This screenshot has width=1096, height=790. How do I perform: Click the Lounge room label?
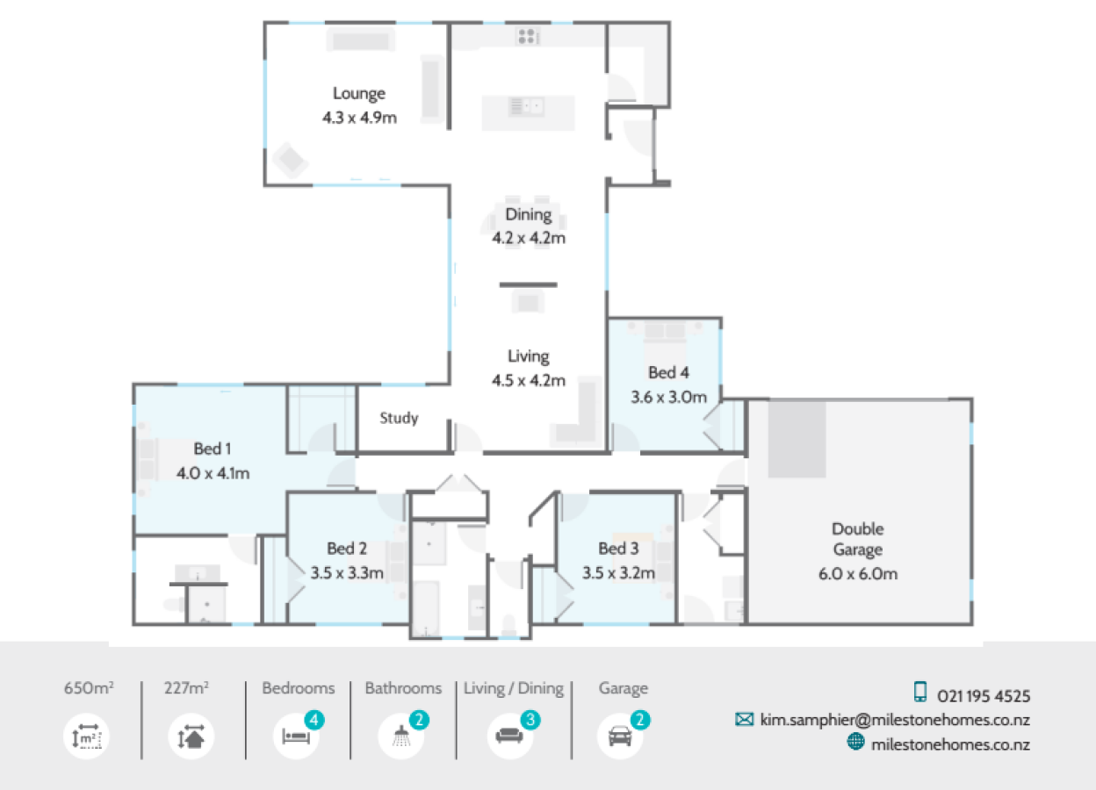(358, 93)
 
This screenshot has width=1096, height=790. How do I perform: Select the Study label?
(399, 418)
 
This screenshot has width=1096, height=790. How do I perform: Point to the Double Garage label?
(857, 540)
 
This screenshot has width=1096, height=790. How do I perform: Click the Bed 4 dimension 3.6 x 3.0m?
(668, 396)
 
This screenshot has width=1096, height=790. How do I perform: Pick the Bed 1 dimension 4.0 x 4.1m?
(213, 473)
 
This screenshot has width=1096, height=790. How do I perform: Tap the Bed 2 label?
(347, 549)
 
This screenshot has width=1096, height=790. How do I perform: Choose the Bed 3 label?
(618, 549)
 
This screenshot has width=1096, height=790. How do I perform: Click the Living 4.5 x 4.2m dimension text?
(528, 380)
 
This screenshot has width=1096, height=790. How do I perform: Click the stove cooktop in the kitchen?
(527, 36)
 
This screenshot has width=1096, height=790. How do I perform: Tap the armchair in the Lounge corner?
(289, 161)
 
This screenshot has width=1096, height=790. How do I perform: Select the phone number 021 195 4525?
(984, 696)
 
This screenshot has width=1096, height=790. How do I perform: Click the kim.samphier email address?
(895, 720)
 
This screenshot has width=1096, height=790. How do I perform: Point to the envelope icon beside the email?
(745, 720)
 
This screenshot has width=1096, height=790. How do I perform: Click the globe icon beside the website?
(855, 743)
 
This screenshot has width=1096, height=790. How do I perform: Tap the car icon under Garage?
(620, 736)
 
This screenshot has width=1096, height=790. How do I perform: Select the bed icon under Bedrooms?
(294, 736)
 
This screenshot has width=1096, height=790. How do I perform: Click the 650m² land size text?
(88, 689)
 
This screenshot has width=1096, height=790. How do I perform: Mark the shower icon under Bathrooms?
(401, 736)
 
